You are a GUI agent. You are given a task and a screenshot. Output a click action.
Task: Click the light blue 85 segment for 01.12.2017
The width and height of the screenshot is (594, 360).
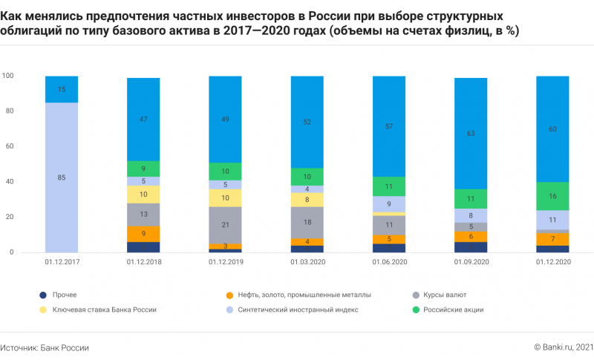62,177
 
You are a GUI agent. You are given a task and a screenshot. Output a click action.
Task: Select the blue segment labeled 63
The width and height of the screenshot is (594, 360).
470,134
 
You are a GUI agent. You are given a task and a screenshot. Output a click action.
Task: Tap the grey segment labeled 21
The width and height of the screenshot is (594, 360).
225,225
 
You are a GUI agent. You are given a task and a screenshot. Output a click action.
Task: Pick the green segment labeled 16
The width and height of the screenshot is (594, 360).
552,196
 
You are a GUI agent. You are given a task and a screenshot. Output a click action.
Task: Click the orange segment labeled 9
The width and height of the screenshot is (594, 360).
143,234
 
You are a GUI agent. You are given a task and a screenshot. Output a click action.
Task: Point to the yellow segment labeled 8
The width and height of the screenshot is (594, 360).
307,200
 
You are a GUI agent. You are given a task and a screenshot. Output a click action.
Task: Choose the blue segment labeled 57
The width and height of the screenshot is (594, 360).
388,126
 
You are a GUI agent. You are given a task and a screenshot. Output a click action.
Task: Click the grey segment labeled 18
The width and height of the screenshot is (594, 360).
307,222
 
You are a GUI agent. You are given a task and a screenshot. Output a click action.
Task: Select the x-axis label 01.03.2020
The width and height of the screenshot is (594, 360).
307,263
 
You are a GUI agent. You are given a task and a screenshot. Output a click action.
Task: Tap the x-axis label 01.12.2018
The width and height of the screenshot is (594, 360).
143,263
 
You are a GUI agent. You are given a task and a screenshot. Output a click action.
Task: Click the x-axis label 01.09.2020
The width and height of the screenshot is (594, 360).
470,263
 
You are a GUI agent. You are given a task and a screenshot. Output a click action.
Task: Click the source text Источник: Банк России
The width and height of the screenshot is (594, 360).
45,347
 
